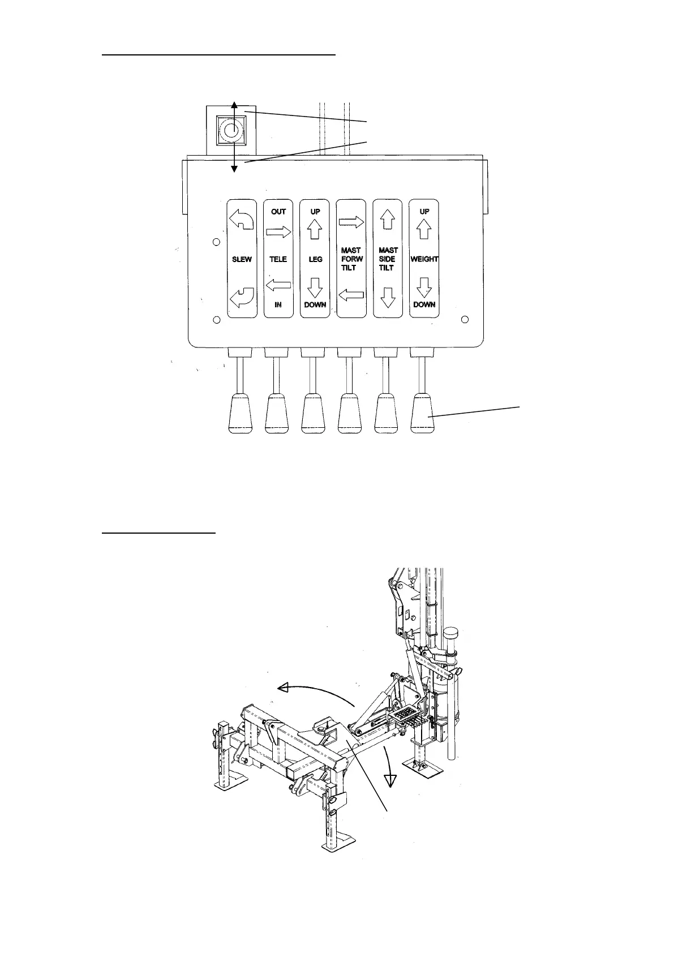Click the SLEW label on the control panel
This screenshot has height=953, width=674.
[x=242, y=259]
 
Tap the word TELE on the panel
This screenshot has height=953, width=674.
[x=278, y=259]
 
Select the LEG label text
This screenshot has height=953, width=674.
[x=315, y=259]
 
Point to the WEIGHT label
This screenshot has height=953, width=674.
[x=424, y=259]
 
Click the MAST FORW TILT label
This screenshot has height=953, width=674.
[x=351, y=259]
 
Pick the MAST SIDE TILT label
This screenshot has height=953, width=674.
[x=388, y=259]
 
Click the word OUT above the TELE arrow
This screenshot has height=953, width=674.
[x=278, y=212]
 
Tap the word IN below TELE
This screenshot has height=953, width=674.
[x=278, y=304]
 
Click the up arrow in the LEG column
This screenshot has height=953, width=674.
[x=315, y=229]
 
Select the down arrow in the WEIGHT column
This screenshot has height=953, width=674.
[x=424, y=289]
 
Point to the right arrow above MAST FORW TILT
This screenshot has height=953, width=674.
[x=351, y=223]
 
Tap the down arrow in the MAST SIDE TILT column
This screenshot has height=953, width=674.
[x=388, y=297]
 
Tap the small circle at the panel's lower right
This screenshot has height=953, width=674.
[x=465, y=320]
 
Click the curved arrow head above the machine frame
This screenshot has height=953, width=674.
[x=285, y=687]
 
